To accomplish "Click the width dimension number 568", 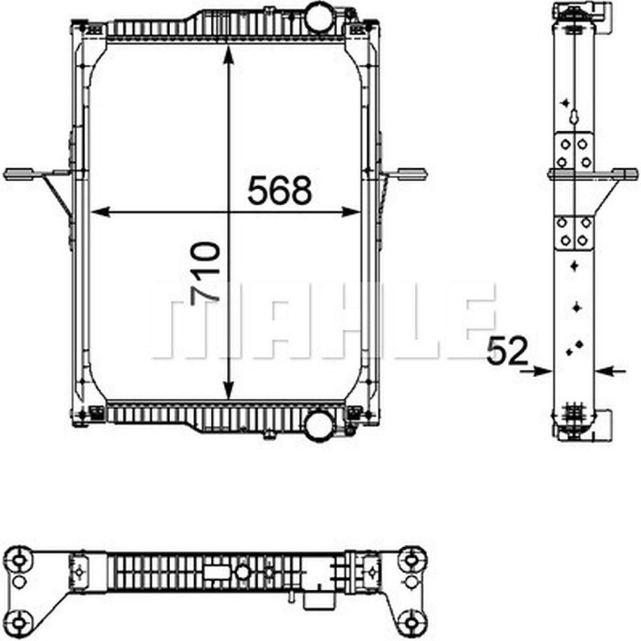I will (x=279, y=191).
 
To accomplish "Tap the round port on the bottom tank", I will (x=318, y=425).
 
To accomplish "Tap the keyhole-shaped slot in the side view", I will (x=573, y=116).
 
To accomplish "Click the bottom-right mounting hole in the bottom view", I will (x=412, y=623).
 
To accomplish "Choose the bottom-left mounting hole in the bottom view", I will (x=20, y=623).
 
